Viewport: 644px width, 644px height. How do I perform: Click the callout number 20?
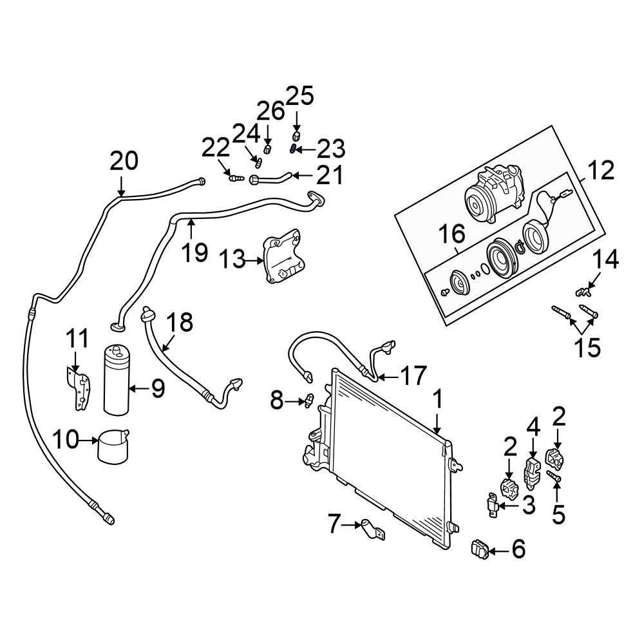point(124,161)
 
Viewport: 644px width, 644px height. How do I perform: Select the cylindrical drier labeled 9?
point(117,380)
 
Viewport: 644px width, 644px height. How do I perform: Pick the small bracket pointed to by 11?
point(79,387)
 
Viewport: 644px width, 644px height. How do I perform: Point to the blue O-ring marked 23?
point(294,150)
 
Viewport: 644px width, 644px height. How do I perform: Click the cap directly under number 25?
point(296,137)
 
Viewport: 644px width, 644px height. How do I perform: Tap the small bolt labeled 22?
point(235,177)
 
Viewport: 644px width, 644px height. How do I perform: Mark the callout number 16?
point(451,234)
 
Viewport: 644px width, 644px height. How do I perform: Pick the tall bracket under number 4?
point(532,471)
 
